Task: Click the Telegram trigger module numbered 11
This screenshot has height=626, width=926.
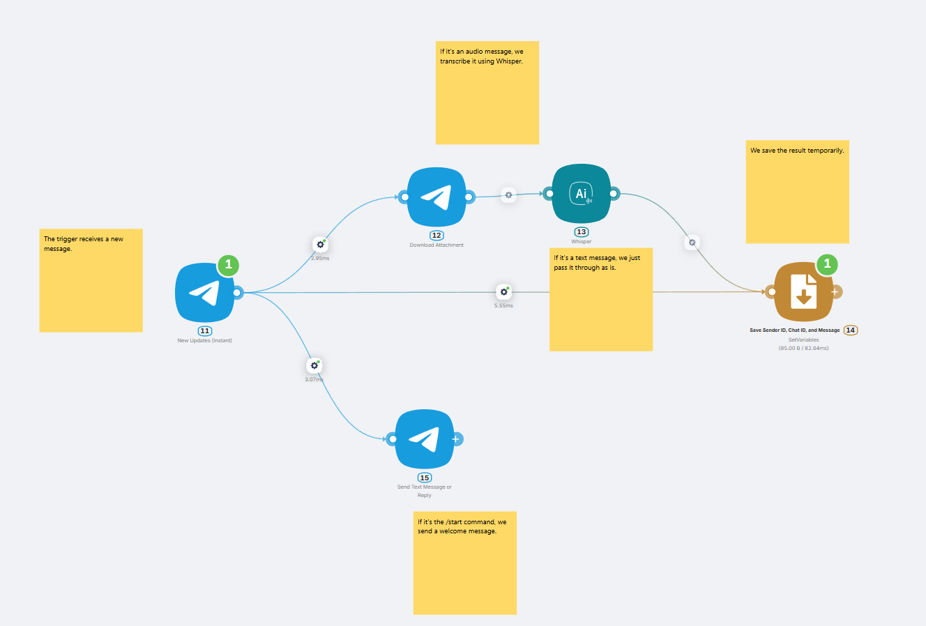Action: tap(204, 293)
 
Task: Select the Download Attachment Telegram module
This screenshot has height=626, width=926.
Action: tap(437, 197)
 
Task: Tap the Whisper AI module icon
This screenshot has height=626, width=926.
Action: tap(582, 193)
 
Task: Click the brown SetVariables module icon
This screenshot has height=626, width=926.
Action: tap(804, 291)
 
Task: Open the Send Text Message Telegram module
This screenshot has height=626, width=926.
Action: tap(425, 438)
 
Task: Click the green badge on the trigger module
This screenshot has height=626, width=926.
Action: tap(228, 265)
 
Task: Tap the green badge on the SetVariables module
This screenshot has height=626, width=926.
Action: tap(827, 264)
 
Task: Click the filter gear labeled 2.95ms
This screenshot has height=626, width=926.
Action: tap(320, 245)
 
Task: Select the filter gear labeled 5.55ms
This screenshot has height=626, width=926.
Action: tap(504, 292)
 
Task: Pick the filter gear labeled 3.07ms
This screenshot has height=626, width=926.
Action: tap(314, 366)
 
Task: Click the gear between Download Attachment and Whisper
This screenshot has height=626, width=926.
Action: tap(508, 195)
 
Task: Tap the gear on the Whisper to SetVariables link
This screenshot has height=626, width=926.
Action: tap(692, 243)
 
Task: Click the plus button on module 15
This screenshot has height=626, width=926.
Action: tap(456, 438)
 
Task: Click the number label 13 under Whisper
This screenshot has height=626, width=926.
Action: tap(582, 232)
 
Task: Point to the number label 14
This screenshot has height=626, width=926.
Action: tap(851, 330)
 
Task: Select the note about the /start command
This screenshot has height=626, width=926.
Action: tap(465, 563)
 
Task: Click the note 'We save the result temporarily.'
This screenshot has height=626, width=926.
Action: tap(798, 192)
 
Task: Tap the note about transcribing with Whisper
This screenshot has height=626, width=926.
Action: tap(487, 93)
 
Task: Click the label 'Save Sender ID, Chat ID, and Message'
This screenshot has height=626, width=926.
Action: tap(794, 330)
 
